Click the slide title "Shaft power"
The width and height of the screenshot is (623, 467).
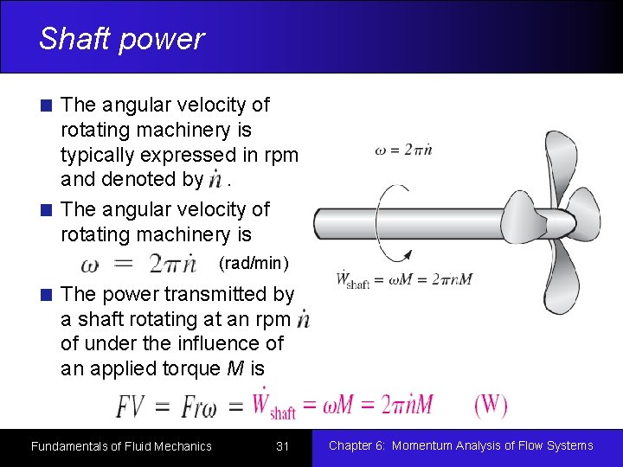[x=121, y=39]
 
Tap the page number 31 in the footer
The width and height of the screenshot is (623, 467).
[x=282, y=446]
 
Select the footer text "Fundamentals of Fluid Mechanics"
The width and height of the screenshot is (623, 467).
[x=121, y=446]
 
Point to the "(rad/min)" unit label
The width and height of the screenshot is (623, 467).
[x=254, y=262]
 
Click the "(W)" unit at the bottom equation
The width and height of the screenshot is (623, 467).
[x=491, y=405]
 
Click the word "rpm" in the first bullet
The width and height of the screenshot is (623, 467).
[x=278, y=156]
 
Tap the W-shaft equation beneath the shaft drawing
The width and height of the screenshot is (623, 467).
[x=404, y=280]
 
